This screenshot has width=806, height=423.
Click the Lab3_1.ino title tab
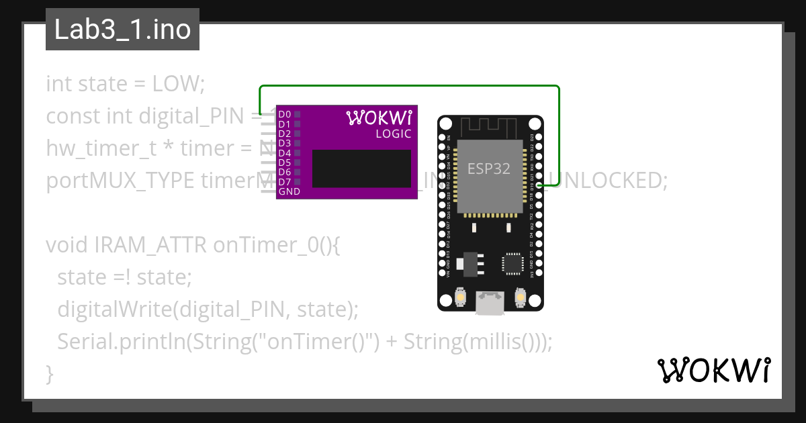coord(122,30)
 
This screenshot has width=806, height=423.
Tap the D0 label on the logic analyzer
coord(285,115)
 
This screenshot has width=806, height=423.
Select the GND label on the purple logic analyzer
coord(289,191)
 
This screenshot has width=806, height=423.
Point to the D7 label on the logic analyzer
coord(285,182)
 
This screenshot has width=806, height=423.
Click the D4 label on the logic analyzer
coord(285,153)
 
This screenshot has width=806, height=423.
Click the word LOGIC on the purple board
coord(393,134)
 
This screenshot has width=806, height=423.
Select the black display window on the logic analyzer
coord(361,169)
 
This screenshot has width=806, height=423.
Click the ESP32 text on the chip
coord(489,169)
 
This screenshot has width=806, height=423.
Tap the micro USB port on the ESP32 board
coord(490,303)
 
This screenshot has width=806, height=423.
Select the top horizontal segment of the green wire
coord(410,86)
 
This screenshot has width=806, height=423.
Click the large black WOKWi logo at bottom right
coord(713,371)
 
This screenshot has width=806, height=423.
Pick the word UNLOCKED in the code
coord(611,181)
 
